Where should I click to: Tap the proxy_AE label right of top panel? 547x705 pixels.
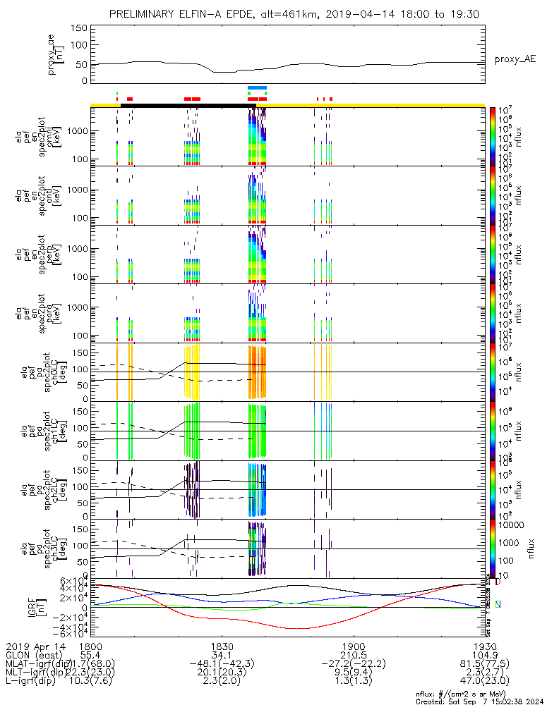(x=515, y=59)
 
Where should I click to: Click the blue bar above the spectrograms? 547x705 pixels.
(x=257, y=87)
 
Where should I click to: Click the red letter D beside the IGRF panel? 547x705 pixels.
(x=498, y=583)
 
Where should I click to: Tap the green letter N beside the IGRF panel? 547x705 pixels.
(x=498, y=604)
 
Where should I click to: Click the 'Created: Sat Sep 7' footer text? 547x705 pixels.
(x=480, y=701)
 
